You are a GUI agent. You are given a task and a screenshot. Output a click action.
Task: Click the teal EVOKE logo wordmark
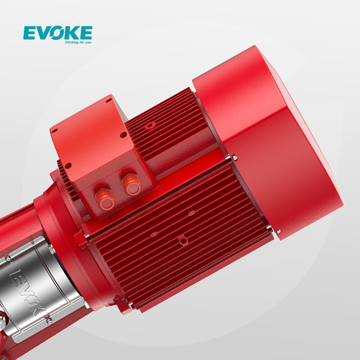pos(58,33)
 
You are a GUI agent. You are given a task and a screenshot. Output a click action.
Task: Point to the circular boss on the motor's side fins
pos(181,239)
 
